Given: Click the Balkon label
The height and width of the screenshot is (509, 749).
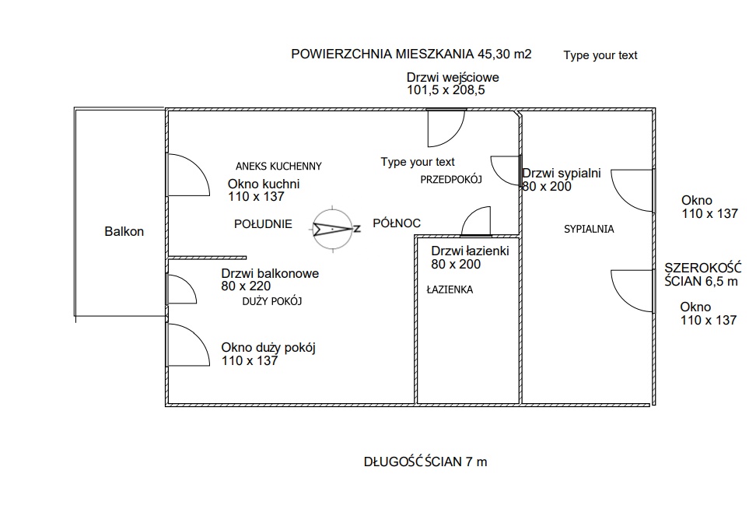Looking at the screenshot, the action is (x=124, y=231).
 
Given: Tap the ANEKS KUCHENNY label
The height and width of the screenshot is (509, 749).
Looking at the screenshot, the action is (x=278, y=167).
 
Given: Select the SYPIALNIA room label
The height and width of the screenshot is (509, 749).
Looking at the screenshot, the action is (x=589, y=229).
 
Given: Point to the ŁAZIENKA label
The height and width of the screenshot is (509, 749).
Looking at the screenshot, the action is (x=450, y=290).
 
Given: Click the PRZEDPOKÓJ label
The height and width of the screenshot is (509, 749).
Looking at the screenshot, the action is (x=451, y=179).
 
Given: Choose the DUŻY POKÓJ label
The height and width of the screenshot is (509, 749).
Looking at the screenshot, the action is (x=272, y=301).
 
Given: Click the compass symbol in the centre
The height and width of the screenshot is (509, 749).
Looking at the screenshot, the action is (x=334, y=230).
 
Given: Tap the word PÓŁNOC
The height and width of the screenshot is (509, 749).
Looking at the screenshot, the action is (x=397, y=223).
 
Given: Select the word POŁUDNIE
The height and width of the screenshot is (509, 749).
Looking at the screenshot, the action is (x=263, y=224).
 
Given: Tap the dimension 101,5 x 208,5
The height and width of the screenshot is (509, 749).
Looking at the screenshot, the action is (x=446, y=90).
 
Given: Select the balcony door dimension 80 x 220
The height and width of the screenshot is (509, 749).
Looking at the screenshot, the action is (x=246, y=286).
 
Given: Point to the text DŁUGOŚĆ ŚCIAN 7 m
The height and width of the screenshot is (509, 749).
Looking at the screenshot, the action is (x=425, y=462).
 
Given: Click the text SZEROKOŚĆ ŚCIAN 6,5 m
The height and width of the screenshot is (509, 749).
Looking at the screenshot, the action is (x=702, y=274).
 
